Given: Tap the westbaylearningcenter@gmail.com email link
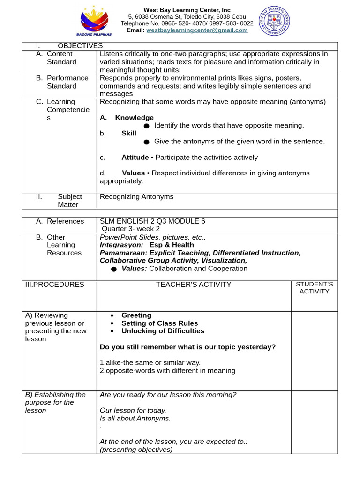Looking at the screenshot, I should pos(197,30).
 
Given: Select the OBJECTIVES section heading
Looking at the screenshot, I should pos(80,45).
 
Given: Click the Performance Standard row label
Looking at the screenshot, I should pos(67,82).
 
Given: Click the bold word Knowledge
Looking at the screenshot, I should pos(134,118).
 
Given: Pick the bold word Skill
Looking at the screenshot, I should pos(129,133).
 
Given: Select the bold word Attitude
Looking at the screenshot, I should pos(135,157).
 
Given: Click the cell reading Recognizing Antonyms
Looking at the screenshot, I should pos(136,197).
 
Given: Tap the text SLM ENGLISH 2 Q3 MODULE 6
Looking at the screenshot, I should pos(152,221).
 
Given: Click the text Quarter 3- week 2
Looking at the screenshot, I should pos(131,229).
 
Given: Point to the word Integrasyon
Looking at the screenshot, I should pos(121,245).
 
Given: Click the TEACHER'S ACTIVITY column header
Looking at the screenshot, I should pos(194,285).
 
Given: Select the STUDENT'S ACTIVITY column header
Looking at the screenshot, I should pos(315,288).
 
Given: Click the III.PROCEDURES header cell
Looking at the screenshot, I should pos(55,285).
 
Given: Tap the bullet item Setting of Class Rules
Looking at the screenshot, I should pos(159,323).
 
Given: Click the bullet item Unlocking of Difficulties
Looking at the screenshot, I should pos(163,331).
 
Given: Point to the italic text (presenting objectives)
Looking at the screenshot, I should pos(136,450).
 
